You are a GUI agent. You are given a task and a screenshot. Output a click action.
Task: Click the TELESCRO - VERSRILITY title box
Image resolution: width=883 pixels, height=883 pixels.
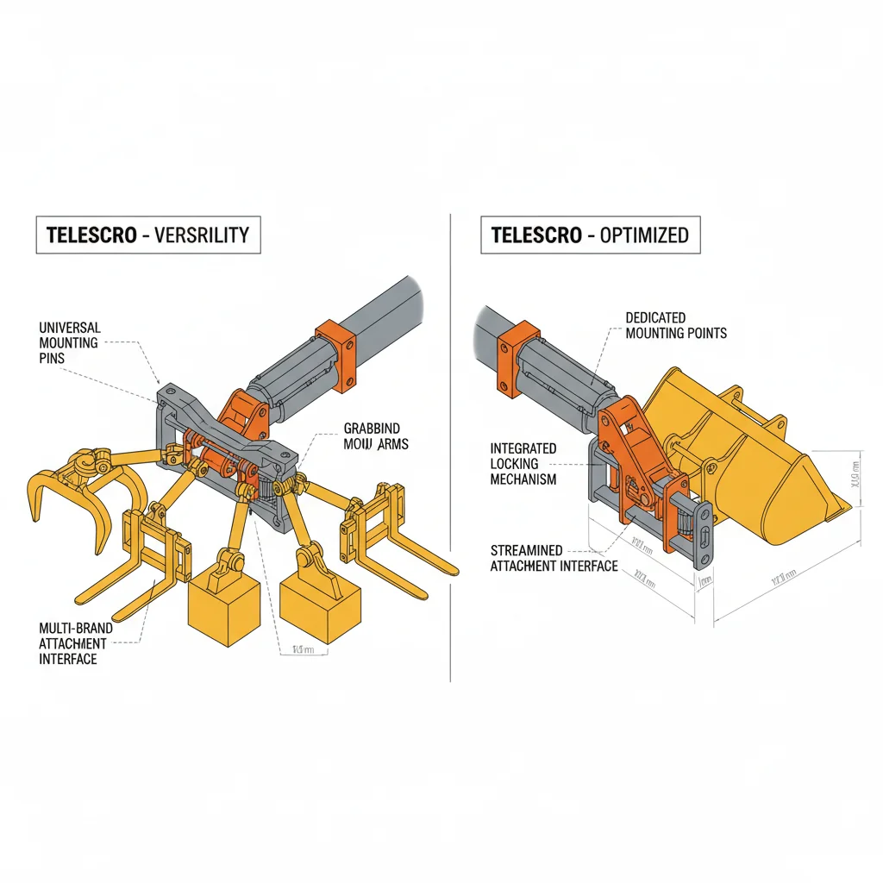(x=147, y=235)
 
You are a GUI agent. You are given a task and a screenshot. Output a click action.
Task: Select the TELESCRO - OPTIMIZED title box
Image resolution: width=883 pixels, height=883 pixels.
(x=591, y=235)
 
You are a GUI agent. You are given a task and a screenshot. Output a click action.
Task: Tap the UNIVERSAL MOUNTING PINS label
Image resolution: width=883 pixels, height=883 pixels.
(x=70, y=343)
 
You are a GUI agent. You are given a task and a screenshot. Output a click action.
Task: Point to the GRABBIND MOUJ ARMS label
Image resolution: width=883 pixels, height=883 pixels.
(x=375, y=436)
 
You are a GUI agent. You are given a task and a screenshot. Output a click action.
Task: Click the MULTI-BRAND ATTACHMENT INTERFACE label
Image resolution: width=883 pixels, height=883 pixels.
(x=73, y=643)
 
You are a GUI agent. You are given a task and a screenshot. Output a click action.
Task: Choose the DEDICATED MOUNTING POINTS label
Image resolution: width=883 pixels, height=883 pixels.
(x=676, y=325)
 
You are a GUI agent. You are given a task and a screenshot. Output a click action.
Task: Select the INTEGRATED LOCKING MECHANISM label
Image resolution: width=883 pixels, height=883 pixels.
(x=523, y=464)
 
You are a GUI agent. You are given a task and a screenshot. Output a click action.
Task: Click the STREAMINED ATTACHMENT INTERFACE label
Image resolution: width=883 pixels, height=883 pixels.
(x=554, y=558)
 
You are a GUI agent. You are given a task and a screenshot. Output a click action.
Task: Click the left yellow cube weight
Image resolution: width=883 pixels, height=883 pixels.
(x=224, y=608)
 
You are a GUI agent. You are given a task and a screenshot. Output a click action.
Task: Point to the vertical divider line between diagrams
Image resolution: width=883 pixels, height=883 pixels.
(x=451, y=448)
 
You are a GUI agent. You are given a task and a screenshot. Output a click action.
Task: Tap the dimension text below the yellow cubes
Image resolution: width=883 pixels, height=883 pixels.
(x=304, y=649)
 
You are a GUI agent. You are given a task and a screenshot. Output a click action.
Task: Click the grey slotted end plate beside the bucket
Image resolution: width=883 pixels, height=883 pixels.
(x=705, y=535)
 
